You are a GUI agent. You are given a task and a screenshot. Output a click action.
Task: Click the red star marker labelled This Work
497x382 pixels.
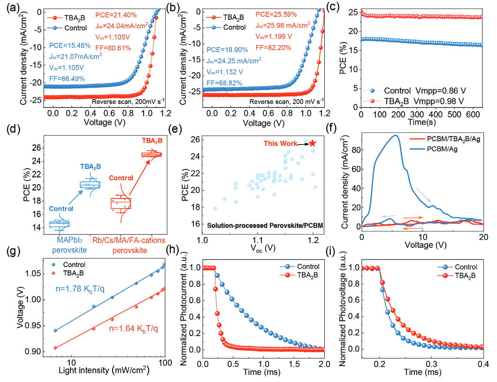(313, 143)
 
